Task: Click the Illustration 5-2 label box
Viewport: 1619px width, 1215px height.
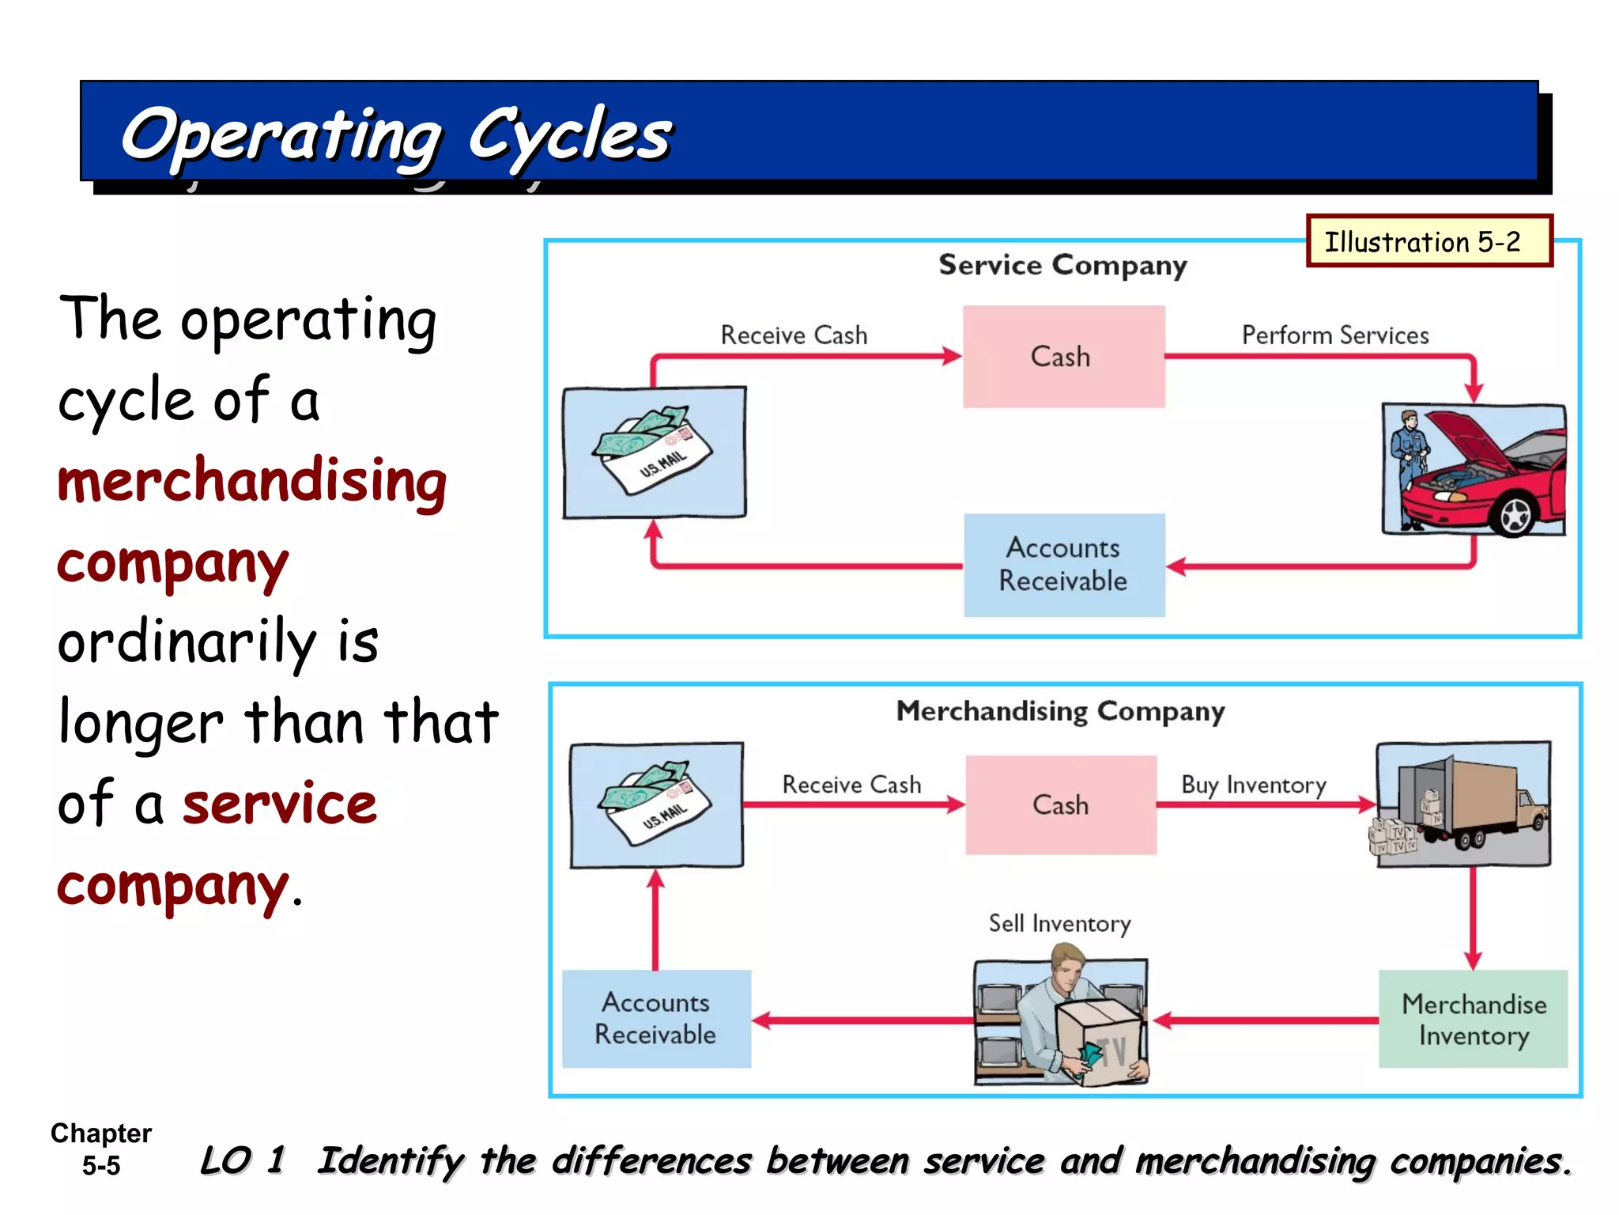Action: coord(1428,241)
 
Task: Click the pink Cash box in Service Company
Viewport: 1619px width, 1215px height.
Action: coord(1063,357)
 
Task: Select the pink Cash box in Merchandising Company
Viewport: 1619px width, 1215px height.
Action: coord(1061,805)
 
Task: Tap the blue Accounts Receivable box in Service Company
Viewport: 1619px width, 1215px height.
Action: coord(1063,565)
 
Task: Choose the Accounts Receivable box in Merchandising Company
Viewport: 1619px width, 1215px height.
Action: coord(656,1019)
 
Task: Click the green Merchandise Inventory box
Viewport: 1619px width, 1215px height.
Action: coord(1473,1019)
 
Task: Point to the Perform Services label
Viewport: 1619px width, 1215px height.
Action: coord(1334,335)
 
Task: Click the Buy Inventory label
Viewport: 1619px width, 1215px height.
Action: coord(1253,785)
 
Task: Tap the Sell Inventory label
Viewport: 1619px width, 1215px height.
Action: coord(1059,923)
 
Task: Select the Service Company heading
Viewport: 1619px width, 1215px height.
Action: coord(1062,265)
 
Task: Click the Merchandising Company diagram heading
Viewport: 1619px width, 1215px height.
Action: coord(1059,711)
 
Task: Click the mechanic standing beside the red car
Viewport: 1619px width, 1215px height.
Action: coord(1410,467)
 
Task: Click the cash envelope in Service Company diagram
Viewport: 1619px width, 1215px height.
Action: coord(653,451)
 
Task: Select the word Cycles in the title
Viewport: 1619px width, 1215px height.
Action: coord(569,134)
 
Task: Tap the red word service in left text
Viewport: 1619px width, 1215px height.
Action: coord(280,804)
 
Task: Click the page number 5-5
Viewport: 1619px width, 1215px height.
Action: coord(101,1165)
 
